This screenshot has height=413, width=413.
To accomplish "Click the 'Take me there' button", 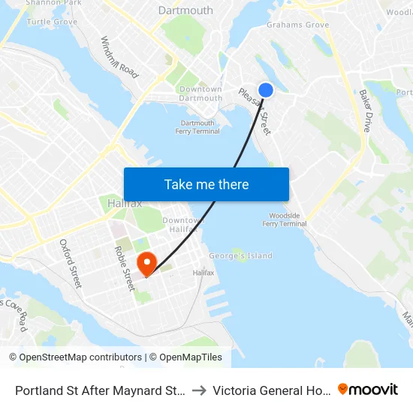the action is coord(206,184).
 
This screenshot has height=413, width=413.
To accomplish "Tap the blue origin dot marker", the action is coord(265,90).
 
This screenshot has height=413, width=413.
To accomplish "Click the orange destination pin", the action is coord(146,263).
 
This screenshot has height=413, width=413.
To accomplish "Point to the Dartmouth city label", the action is coord(185,11).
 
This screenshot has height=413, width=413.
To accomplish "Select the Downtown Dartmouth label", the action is coord(200,94).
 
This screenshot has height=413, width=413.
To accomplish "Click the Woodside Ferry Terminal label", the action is coord(284,219).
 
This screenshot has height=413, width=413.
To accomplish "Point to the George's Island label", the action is coord(241,255).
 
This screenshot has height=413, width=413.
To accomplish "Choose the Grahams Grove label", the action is coord(297,25).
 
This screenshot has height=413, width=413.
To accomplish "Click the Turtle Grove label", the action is coord(52,22).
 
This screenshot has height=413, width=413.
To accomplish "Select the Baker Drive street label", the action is coord(365,110).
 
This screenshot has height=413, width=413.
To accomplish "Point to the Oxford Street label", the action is coord(71,264).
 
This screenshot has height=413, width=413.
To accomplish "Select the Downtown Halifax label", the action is coord(184,224).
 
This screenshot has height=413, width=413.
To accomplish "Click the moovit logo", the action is coord(368,390).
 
